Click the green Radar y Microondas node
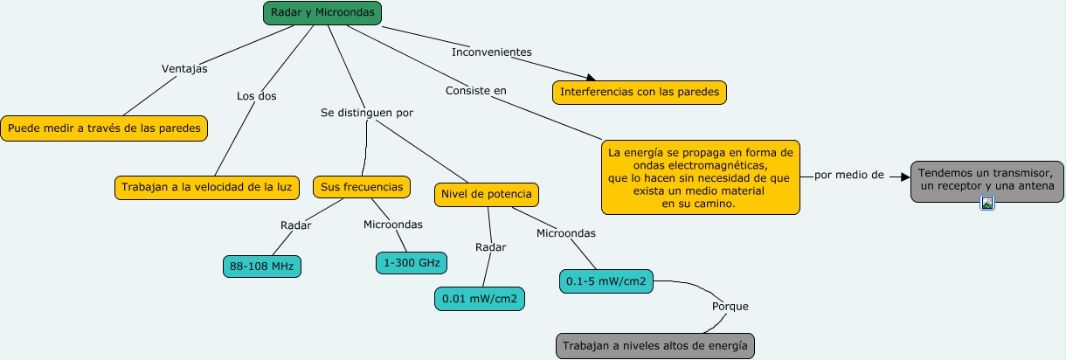[322, 13]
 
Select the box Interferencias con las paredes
[640, 92]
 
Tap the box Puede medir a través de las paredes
[104, 128]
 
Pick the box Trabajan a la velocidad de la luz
[208, 188]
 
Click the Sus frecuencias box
[361, 188]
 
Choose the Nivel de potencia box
[487, 194]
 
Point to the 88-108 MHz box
[262, 266]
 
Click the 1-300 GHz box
[411, 262]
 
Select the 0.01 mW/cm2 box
[480, 299]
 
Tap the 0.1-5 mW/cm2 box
[606, 281]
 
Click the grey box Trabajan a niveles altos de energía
[654, 346]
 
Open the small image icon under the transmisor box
[987, 204]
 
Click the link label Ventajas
[184, 69]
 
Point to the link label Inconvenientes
[491, 52]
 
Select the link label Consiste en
[475, 90]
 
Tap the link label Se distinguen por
[367, 113]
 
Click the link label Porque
[730, 307]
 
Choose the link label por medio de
[848, 175]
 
